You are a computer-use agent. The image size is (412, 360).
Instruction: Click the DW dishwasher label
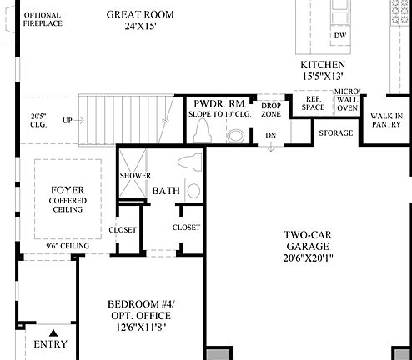tap(340, 37)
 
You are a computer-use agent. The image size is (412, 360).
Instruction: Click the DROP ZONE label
tap(270, 110)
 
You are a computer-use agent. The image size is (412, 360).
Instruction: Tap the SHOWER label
tap(134, 177)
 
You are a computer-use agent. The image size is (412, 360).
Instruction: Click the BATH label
tap(165, 192)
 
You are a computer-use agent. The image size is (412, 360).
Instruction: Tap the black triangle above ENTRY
tap(53, 332)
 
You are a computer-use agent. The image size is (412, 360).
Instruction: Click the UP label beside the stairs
tap(68, 121)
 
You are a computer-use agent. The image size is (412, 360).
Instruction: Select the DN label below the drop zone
tap(271, 135)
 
